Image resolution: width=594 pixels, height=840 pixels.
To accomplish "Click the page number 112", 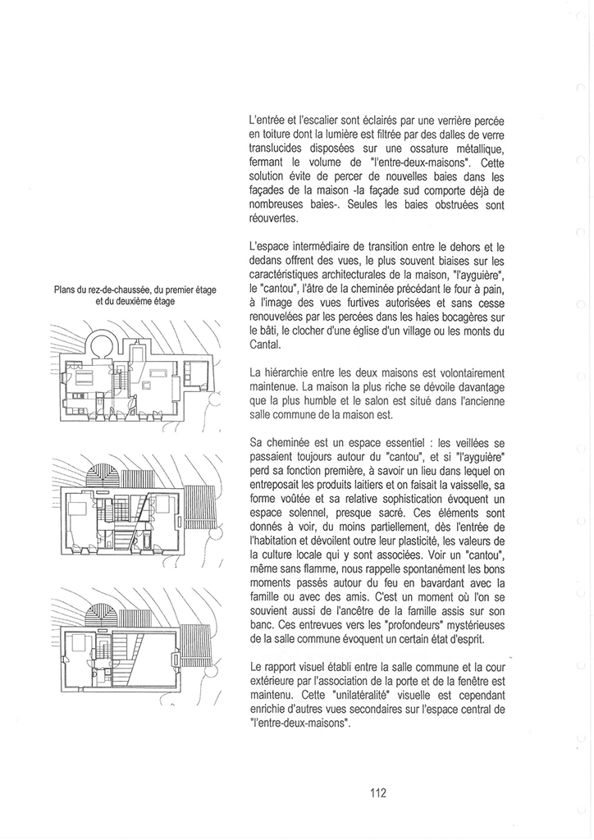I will [x=378, y=792].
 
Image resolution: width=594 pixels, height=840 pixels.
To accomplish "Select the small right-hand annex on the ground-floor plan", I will [x=197, y=374].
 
